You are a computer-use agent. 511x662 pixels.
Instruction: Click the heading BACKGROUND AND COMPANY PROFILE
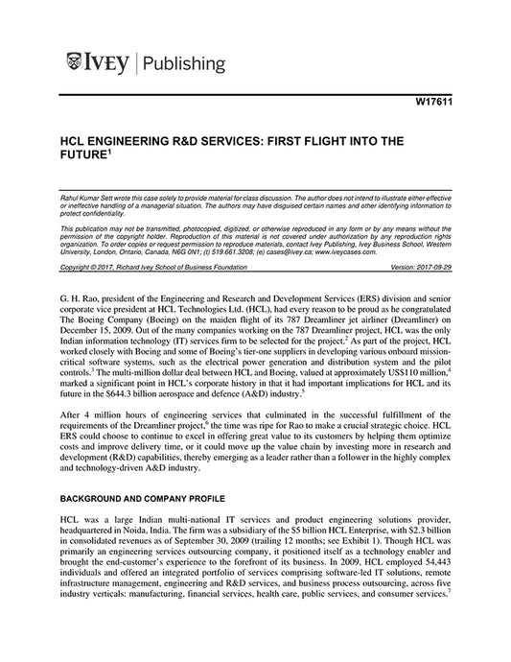tap(149, 501)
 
